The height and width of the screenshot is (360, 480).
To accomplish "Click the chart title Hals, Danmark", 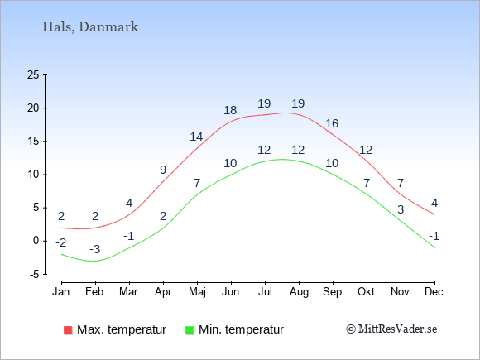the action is [x=90, y=27].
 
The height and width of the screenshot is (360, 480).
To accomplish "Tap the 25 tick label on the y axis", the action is [x=33, y=74].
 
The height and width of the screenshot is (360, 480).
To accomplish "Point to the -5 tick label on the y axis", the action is [x=35, y=274].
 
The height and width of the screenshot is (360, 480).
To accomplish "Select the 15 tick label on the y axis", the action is [x=33, y=142].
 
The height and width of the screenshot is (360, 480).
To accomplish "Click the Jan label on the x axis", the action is [x=61, y=292].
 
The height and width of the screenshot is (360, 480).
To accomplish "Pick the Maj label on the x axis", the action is [x=197, y=292].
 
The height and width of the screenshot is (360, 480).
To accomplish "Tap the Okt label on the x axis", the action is [x=366, y=292].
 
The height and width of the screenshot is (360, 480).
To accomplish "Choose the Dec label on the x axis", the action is [x=434, y=292].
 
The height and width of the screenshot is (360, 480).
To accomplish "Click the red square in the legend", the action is [x=68, y=330].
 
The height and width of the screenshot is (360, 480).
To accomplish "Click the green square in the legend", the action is [x=190, y=330].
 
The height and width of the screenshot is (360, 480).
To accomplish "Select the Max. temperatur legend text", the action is [x=122, y=329].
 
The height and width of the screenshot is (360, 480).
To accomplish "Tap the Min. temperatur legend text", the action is [x=241, y=329].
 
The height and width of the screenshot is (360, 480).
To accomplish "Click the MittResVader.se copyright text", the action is [x=391, y=329].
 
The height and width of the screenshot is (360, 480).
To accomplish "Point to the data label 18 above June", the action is [x=230, y=110].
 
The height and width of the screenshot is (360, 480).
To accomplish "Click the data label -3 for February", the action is [x=95, y=249].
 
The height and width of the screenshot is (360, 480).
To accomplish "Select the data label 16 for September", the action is [x=332, y=123].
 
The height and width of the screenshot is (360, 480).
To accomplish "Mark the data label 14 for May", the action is [x=196, y=137].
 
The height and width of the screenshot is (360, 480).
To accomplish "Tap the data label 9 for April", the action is [x=163, y=170].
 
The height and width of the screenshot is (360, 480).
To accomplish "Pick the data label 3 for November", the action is [x=401, y=209].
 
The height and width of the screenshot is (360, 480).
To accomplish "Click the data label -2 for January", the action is [x=61, y=243].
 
